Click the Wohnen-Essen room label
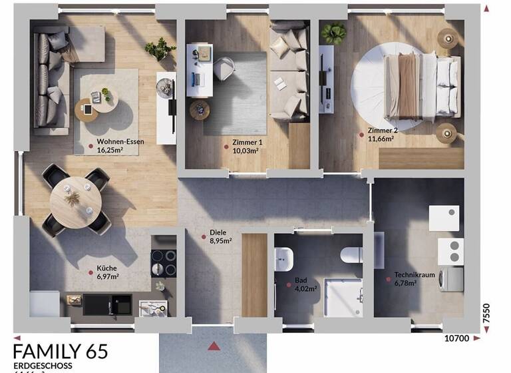(120, 142)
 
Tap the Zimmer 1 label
(248, 143)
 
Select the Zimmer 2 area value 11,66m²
(381, 139)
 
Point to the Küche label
(107, 268)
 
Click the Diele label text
(218, 233)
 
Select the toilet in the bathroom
(349, 255)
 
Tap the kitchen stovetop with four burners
(163, 262)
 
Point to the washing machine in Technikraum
(451, 278)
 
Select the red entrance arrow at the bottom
(214, 345)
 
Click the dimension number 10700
(456, 338)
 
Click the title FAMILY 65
(60, 352)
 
